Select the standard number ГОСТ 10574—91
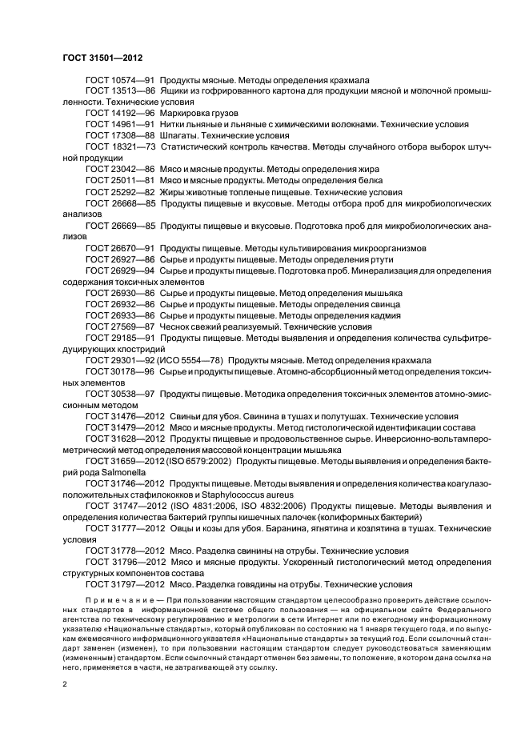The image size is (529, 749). coord(120,81)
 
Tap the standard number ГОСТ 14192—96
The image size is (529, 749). coord(120,114)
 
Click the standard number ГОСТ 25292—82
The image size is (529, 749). coord(120,192)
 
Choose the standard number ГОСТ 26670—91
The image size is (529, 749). coord(120,248)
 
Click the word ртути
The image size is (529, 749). coord(375,260)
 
